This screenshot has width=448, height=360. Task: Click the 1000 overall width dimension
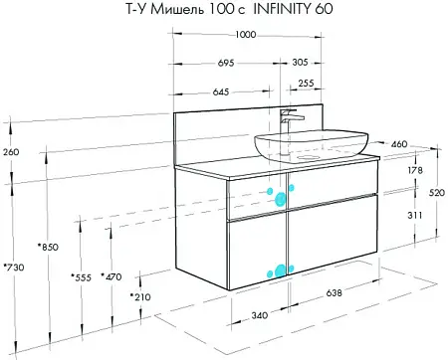[246, 35]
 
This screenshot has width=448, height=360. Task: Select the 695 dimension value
[226, 63]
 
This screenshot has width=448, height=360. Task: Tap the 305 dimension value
[300, 62]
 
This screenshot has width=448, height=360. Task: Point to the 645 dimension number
[221, 91]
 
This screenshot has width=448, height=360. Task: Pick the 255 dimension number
[306, 83]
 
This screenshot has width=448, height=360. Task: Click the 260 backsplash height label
[11, 152]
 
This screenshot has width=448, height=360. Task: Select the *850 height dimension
[48, 247]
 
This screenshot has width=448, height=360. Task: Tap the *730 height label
[14, 267]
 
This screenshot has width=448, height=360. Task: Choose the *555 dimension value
[81, 277]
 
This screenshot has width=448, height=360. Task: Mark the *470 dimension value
[112, 276]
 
